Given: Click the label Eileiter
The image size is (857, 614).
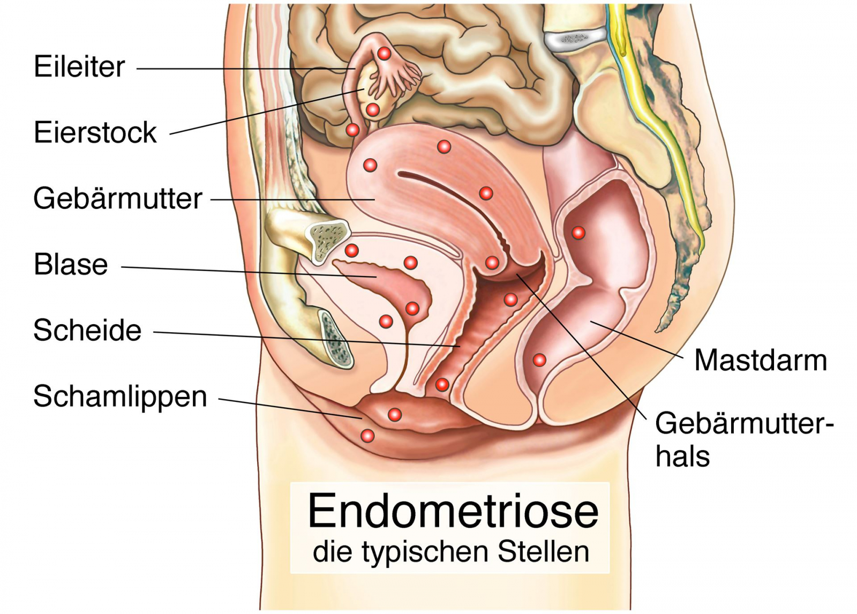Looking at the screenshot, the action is pos(79,66).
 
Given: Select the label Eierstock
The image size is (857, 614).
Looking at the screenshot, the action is pos(95,132).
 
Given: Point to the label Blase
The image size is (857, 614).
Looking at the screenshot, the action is pos(71,264).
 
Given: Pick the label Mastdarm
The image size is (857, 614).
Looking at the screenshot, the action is pos(761,360).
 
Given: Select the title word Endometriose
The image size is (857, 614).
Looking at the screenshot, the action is pos(453,511).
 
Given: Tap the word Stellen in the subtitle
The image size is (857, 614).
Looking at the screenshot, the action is pos(543,552).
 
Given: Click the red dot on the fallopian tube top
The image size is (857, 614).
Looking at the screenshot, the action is pos(384,54).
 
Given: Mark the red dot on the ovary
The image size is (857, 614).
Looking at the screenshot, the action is pos(372,110).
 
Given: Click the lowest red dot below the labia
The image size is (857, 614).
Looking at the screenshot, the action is pos(367,435).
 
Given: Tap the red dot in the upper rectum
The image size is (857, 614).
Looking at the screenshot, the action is pos(578,233).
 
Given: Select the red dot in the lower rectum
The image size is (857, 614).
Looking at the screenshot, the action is pos(539,360).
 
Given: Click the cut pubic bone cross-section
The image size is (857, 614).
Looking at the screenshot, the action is pos(327,242).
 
